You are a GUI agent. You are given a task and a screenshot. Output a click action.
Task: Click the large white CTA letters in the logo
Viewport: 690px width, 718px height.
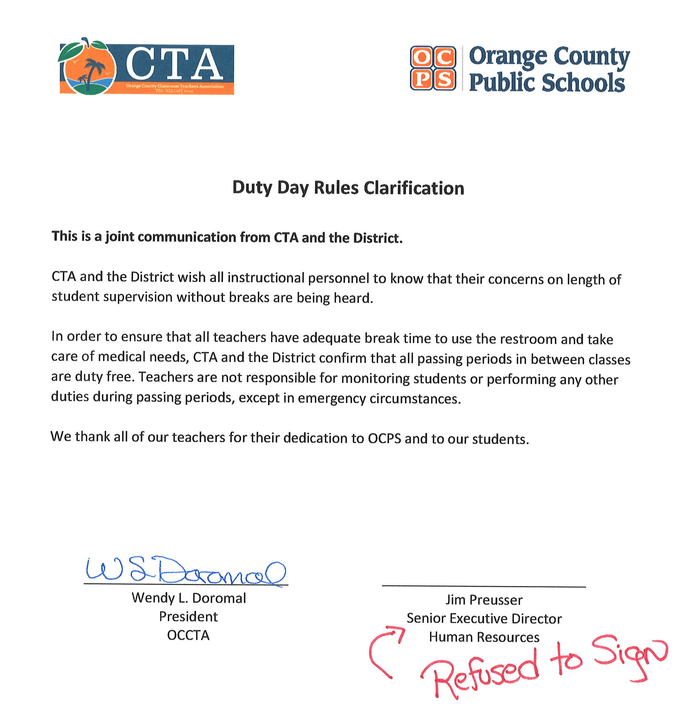[174, 64]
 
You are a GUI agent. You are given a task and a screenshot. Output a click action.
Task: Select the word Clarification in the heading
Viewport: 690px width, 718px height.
[414, 188]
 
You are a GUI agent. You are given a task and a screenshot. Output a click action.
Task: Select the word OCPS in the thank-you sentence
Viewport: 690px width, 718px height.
[384, 439]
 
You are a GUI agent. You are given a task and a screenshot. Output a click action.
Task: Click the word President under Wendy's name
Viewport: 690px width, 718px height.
[188, 617]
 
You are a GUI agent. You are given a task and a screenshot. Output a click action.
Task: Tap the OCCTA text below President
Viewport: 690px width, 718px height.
[188, 635]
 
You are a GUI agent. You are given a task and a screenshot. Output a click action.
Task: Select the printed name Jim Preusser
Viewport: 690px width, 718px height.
[484, 600]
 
